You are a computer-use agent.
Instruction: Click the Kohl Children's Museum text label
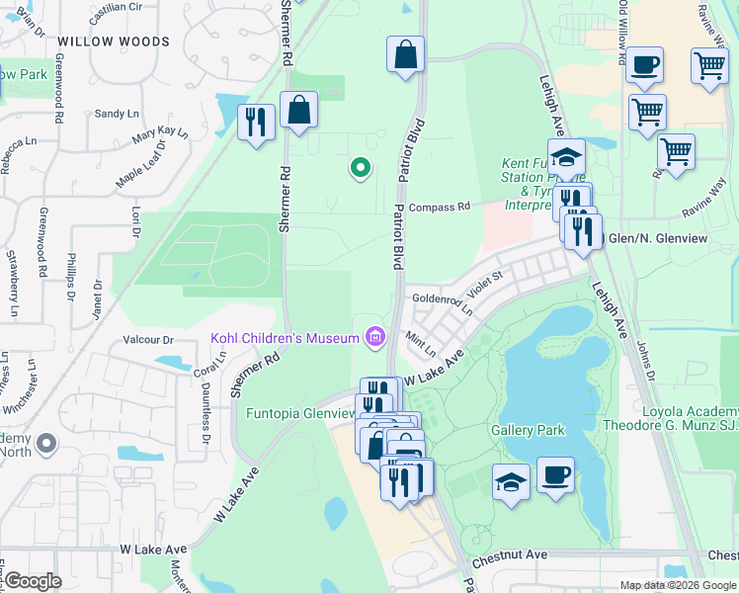[x=285, y=338]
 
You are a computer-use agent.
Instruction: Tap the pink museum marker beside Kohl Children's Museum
[x=374, y=338]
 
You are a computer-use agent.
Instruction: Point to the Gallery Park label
[x=528, y=430]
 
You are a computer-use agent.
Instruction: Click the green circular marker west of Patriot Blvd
[x=361, y=168]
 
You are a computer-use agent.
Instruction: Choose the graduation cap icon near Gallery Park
[x=511, y=482]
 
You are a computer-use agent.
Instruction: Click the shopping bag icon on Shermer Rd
[x=298, y=110]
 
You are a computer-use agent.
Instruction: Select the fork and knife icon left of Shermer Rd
[x=256, y=122]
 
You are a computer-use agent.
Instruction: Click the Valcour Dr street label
[x=148, y=340]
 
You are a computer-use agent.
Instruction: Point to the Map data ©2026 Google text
[x=677, y=585]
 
